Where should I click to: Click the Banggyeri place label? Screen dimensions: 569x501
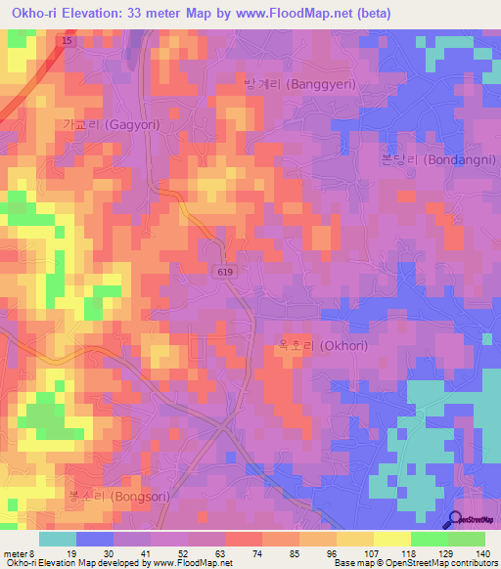coord(299,84)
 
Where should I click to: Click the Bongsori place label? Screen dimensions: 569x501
coord(118,496)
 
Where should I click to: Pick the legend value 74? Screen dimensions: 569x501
coord(256,553)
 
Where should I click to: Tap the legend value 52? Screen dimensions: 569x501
coord(183,553)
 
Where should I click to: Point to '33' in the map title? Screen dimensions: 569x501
coord(147,14)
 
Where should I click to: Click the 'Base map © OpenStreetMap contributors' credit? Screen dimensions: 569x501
coord(415,563)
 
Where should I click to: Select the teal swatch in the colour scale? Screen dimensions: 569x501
coord(58,539)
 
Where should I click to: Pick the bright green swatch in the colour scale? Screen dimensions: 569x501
coord(429,539)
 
